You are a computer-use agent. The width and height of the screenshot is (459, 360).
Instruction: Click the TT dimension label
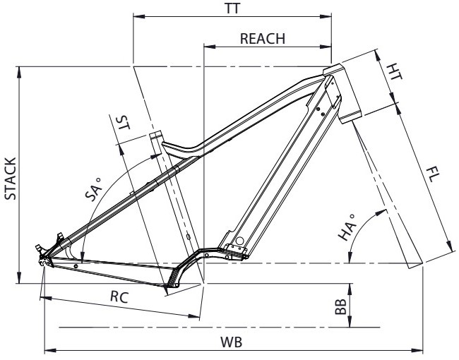pyautogui.click(x=233, y=8)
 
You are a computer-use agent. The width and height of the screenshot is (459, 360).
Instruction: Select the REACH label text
pyautogui.click(x=263, y=39)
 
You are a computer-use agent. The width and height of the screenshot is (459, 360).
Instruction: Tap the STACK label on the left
pyautogui.click(x=11, y=179)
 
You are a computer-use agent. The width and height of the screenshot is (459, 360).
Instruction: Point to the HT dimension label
pyautogui.click(x=394, y=72)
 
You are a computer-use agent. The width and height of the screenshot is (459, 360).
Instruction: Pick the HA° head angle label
pyautogui.click(x=347, y=227)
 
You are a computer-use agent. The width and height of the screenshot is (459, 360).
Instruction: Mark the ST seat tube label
pyautogui.click(x=123, y=122)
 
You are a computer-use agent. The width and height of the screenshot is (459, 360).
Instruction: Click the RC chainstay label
pyautogui.click(x=119, y=297)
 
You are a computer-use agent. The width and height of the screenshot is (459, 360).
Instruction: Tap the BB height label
pyautogui.click(x=341, y=306)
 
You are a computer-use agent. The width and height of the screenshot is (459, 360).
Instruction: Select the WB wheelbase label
pyautogui.click(x=231, y=342)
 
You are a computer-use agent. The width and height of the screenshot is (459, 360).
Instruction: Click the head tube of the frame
pyautogui.click(x=342, y=93)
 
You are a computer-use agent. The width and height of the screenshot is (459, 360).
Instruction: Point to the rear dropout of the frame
pyautogui.click(x=44, y=260)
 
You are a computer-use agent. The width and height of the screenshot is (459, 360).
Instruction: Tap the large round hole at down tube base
pyautogui.click(x=239, y=241)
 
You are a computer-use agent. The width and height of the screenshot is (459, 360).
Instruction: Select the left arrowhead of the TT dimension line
pyautogui.click(x=139, y=16)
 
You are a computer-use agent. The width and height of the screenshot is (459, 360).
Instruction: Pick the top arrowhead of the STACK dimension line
pyautogui.click(x=19, y=72)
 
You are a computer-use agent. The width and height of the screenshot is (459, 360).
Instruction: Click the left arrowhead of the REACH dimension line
pyautogui.click(x=209, y=47)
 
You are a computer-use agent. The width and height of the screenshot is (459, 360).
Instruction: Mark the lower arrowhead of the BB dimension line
pyautogui.click(x=350, y=321)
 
